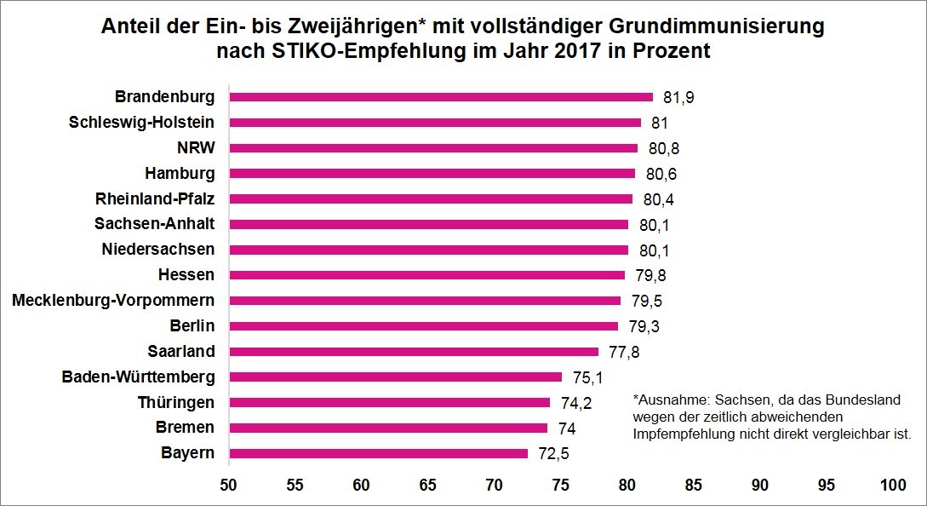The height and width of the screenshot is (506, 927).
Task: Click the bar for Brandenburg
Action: click(x=441, y=97)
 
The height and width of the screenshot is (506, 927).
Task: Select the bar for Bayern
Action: click(x=379, y=453)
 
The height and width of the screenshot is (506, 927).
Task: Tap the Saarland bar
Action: click(x=414, y=352)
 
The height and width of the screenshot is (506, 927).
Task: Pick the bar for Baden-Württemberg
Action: click(x=396, y=377)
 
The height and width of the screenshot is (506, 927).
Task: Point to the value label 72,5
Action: click(x=553, y=453)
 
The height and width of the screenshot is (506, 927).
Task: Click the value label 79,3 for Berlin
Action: click(x=644, y=326)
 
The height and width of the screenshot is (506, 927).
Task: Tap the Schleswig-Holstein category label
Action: click(x=141, y=123)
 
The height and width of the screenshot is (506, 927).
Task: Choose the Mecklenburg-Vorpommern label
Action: click(x=113, y=301)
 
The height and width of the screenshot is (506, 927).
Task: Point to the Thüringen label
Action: click(x=176, y=402)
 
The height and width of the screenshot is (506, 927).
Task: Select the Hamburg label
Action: click(x=180, y=174)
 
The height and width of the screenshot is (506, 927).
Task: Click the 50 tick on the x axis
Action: click(x=228, y=486)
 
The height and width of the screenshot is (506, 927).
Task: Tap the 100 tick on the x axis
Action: click(x=893, y=486)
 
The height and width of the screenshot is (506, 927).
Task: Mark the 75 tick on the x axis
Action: click(x=560, y=486)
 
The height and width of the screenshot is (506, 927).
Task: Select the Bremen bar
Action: click(x=388, y=428)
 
